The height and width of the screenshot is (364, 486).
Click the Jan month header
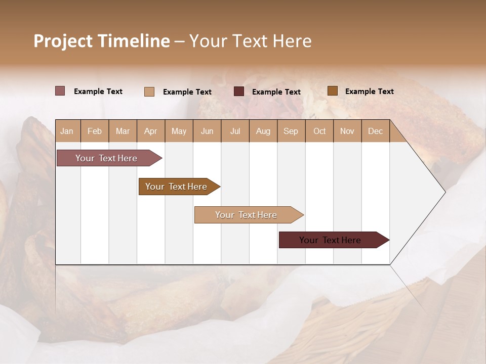tap(67, 131)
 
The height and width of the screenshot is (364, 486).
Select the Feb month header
tap(95, 131)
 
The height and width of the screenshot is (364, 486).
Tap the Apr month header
tap(150, 131)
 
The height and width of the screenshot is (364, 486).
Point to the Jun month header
tap(207, 131)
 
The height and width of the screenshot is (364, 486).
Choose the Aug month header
tap(263, 131)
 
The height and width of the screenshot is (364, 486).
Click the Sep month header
tap(291, 131)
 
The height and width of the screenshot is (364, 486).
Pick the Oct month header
tap(319, 131)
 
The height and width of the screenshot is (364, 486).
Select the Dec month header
tap(375, 131)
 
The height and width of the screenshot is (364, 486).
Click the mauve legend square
tap(60, 91)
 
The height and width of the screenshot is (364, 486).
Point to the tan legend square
tap(149, 92)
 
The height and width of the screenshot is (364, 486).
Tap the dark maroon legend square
tap(239, 92)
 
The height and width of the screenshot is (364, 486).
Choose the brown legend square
tap(332, 91)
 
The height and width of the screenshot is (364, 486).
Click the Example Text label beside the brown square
tap(369, 92)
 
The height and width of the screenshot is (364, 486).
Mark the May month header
tap(179, 131)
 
